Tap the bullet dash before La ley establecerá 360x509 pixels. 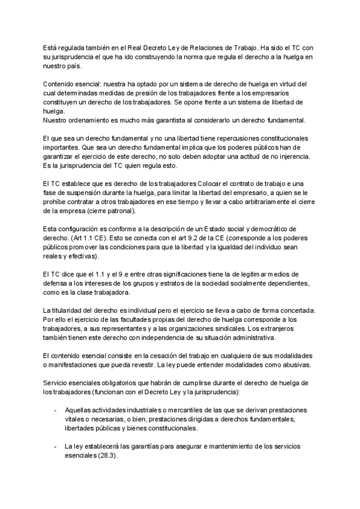click(55, 448)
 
